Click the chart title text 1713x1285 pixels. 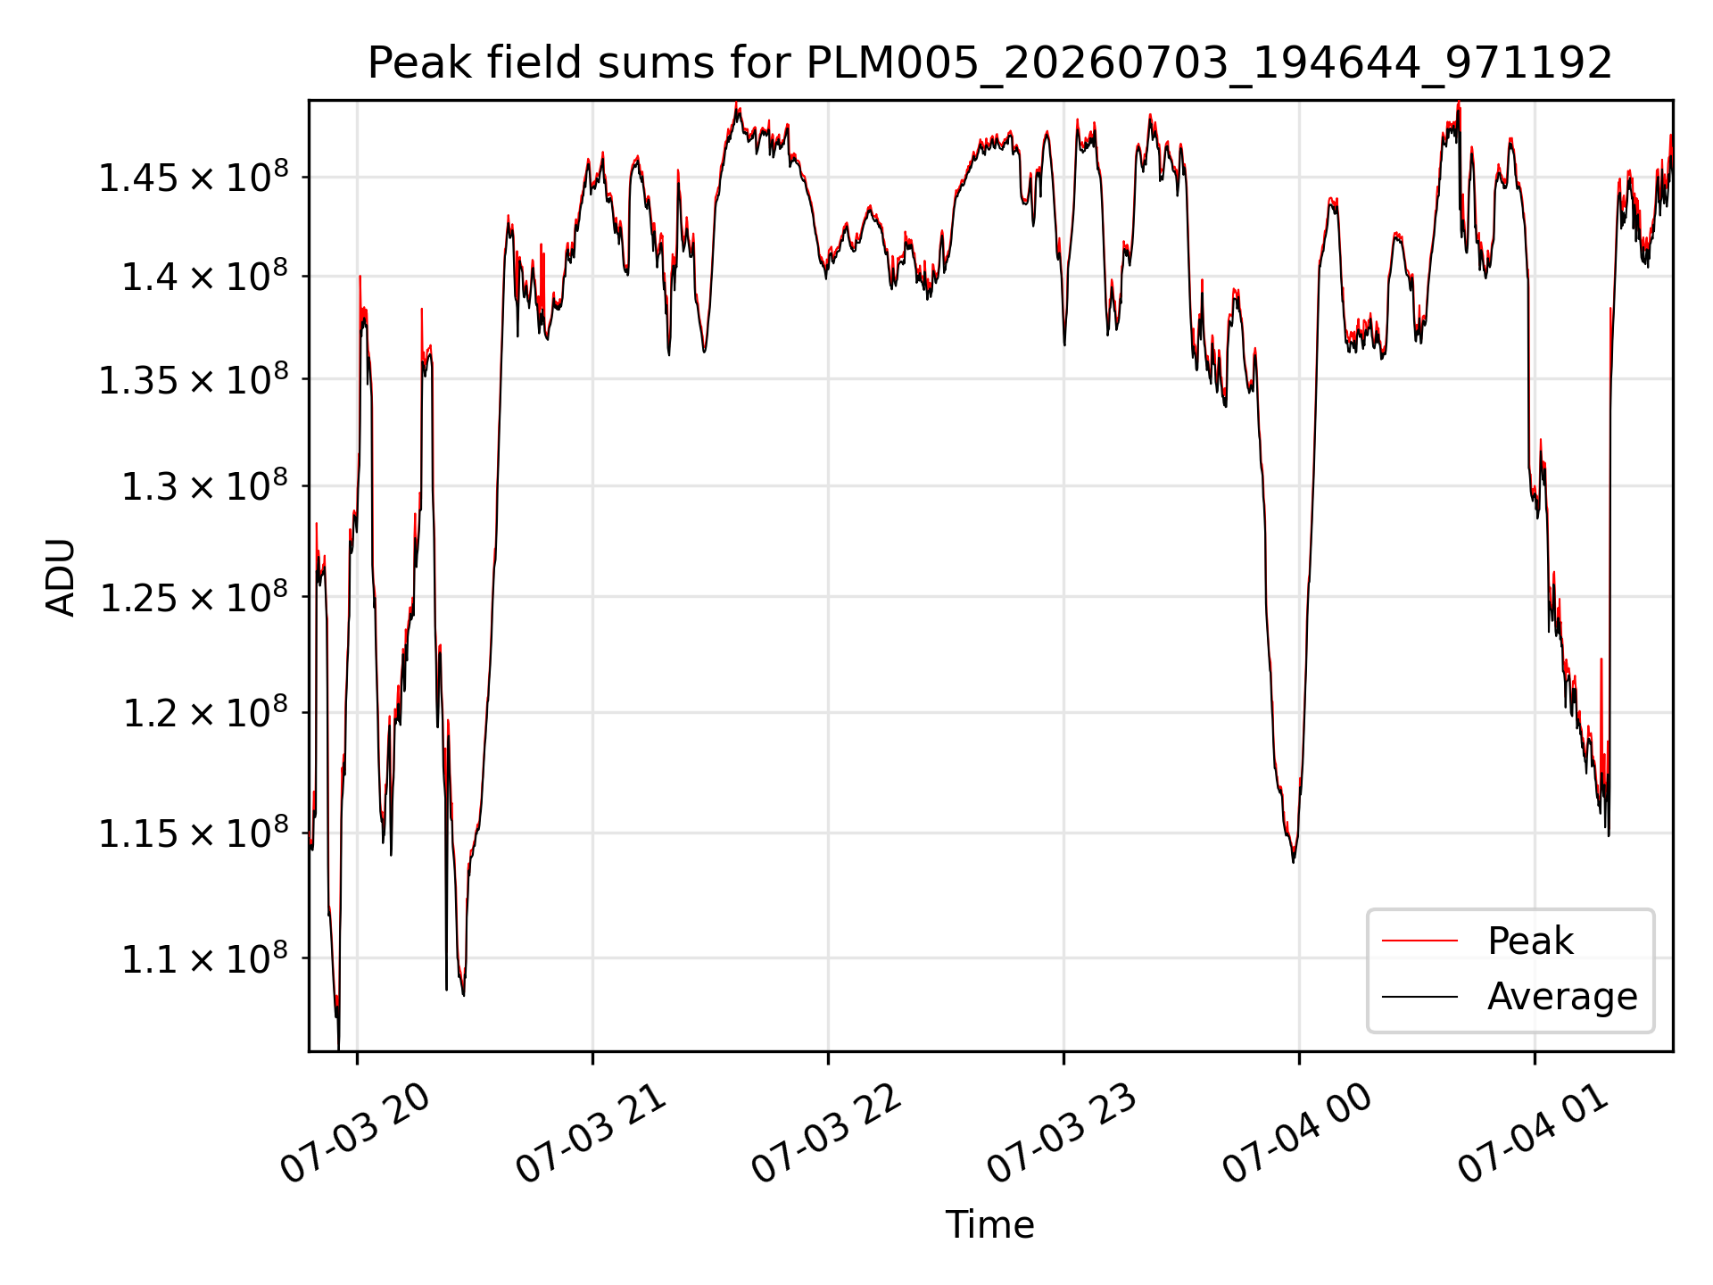[x=989, y=63]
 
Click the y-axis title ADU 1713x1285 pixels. [x=61, y=576]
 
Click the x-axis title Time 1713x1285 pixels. [x=989, y=1224]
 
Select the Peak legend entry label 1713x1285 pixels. [x=1530, y=941]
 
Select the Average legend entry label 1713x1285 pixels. [x=1562, y=996]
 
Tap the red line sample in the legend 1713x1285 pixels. [x=1419, y=941]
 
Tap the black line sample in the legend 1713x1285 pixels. [x=1419, y=997]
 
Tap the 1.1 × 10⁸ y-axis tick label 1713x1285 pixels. [x=205, y=958]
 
